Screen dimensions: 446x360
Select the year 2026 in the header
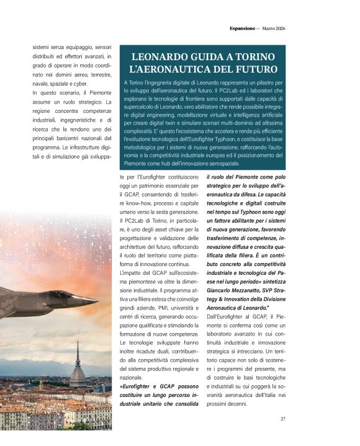278,29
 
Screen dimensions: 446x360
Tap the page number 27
283,419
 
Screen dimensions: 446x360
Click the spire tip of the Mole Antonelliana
78,342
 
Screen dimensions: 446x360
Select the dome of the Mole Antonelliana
78,375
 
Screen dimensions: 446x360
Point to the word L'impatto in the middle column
130,274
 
